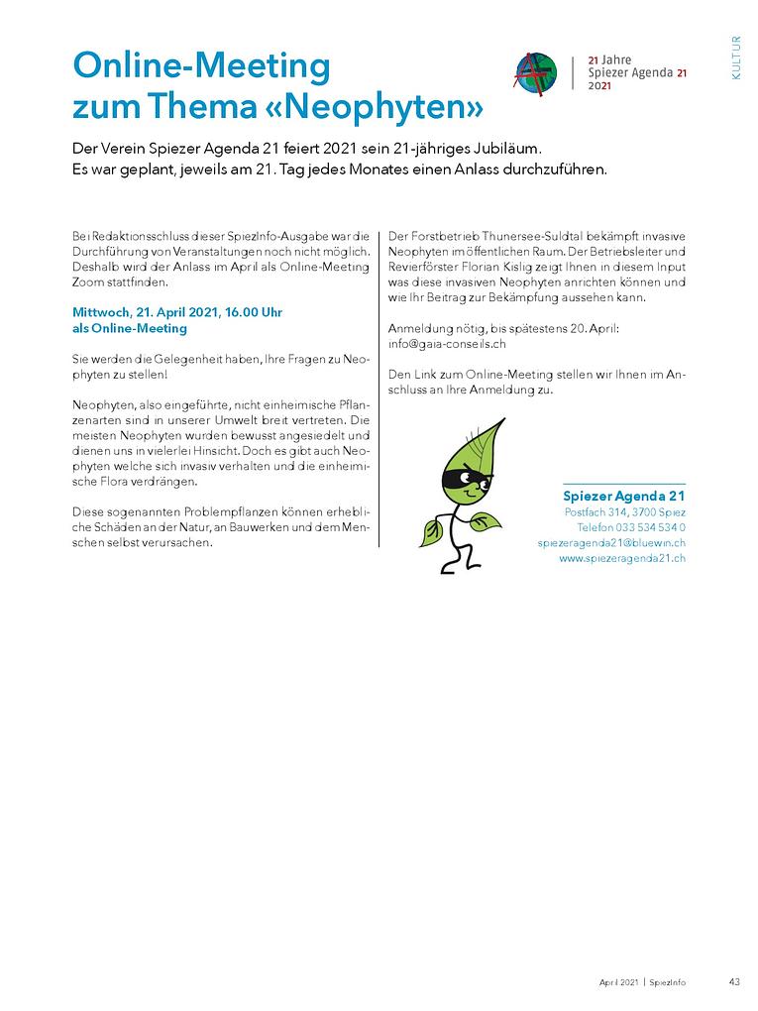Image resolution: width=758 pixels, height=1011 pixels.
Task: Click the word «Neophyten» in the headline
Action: (x=385, y=104)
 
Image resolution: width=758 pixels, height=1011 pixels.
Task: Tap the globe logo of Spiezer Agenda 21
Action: (x=535, y=73)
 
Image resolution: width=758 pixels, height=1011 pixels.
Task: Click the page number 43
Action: (x=734, y=982)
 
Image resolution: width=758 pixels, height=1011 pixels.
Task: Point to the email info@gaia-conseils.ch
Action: (x=447, y=343)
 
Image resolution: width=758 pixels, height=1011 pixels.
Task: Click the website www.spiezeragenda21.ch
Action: (x=622, y=558)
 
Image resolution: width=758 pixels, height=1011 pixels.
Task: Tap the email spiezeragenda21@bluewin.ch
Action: (x=611, y=543)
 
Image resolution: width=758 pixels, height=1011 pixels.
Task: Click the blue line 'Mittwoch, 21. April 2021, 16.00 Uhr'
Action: (x=177, y=311)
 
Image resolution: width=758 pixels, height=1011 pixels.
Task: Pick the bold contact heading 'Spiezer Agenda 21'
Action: (x=624, y=496)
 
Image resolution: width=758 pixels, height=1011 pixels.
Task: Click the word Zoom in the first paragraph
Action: (x=88, y=281)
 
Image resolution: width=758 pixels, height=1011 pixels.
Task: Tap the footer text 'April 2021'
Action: (x=617, y=982)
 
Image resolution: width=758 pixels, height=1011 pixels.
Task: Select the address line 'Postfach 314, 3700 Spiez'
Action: (x=624, y=511)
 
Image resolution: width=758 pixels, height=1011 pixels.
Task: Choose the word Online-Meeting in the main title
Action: (x=201, y=66)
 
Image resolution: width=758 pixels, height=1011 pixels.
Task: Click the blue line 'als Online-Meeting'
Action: (x=129, y=327)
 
